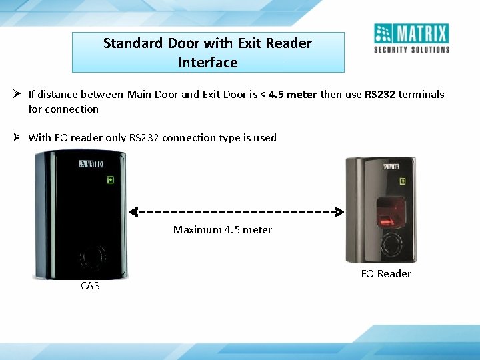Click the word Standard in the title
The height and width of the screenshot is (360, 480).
tap(133, 43)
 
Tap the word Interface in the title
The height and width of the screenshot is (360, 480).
tap(208, 63)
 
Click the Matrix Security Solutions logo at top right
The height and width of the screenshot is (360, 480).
tap(411, 39)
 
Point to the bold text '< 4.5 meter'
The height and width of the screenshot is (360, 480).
tap(289, 95)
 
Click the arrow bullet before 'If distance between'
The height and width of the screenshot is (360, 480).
tap(19, 94)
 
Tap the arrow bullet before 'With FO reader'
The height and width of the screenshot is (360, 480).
tap(19, 137)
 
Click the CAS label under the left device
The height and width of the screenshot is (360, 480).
tap(90, 285)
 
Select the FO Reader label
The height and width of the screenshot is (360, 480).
tap(386, 273)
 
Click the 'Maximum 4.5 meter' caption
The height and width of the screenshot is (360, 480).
tap(223, 229)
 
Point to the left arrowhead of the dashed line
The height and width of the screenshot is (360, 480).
tap(133, 212)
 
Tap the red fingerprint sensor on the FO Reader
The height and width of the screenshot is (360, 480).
tap(387, 215)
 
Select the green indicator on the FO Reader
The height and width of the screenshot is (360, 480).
tap(403, 181)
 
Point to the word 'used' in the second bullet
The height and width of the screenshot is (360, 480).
tap(265, 137)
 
